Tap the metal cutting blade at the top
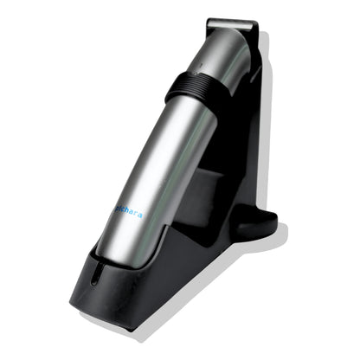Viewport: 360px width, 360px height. coord(234,27)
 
